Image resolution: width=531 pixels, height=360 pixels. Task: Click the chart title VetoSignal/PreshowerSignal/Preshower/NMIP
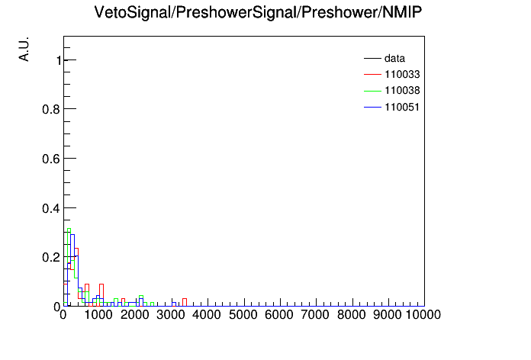tap(258, 13)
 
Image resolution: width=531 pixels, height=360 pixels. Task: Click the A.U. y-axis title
tap(24, 50)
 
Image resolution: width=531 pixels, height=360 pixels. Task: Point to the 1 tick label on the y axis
tap(59, 60)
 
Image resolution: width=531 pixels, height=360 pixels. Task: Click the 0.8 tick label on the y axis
tap(51, 109)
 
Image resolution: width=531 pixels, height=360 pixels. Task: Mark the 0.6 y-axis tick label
tap(51, 159)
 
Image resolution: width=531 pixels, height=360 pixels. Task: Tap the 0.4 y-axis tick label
tap(51, 208)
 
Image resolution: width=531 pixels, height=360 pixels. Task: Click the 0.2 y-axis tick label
tap(51, 257)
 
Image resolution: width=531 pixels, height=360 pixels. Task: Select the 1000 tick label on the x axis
tap(98, 315)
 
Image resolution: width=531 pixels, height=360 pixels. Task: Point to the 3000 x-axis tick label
tap(171, 315)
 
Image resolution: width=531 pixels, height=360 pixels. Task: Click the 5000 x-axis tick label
tap(243, 315)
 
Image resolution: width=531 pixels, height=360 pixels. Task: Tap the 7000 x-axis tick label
tap(315, 315)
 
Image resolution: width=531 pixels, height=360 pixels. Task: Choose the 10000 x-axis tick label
tap(423, 315)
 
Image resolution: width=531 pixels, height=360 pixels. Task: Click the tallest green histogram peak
tap(69, 229)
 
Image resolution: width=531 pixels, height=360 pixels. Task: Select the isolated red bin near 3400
tap(185, 299)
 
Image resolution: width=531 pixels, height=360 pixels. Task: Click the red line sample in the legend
tap(372, 74)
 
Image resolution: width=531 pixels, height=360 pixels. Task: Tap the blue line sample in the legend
tap(372, 107)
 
